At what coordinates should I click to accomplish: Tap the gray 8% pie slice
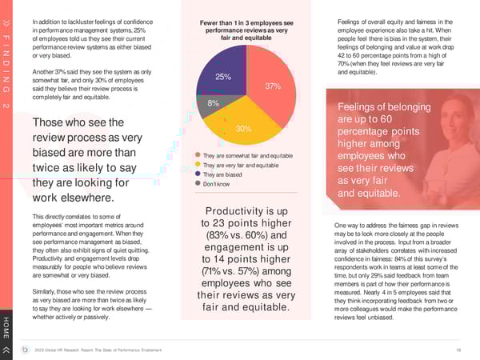(x=214, y=104)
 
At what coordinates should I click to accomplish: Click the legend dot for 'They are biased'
(x=198, y=174)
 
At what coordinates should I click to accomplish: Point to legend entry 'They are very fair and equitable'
(x=241, y=165)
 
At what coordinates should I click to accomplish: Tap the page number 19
(x=456, y=349)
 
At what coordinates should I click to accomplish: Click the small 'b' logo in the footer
(x=27, y=349)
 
